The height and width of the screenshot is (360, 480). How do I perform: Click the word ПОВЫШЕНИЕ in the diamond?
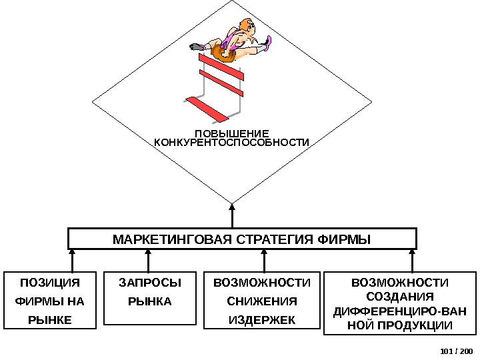(x=232, y=133)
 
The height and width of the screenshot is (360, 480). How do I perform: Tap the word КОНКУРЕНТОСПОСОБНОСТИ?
(x=232, y=143)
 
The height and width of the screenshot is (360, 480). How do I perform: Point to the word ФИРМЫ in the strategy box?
(x=346, y=239)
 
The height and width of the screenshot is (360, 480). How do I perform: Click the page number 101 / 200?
(x=456, y=351)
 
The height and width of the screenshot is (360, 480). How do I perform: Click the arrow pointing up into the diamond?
(x=232, y=215)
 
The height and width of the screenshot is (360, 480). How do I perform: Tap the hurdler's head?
(x=245, y=29)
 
